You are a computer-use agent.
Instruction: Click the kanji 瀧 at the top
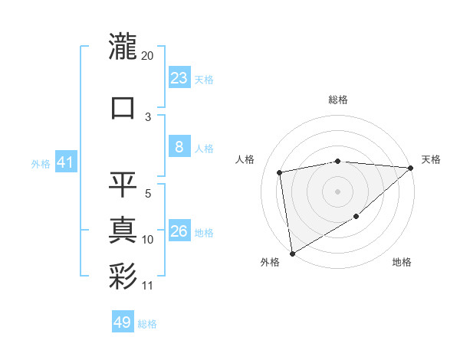tap(123, 47)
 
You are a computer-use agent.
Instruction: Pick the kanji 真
tap(123, 231)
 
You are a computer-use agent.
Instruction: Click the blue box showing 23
tap(179, 77)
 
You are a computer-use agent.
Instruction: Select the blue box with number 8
tap(179, 147)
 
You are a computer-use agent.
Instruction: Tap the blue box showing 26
tap(179, 231)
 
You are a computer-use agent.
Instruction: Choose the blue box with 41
tap(64, 162)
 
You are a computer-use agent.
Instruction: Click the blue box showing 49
tap(123, 322)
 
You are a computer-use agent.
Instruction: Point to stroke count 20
tap(148, 56)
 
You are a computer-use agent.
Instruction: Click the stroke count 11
tap(148, 286)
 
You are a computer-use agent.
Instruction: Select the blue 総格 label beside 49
tap(147, 324)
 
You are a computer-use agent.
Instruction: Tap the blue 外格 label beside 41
tap(40, 163)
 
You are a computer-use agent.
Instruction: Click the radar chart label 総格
tap(338, 100)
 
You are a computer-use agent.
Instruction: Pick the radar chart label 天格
tap(431, 159)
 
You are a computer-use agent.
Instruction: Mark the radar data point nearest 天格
tap(411, 168)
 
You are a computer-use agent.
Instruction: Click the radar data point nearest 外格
tap(292, 253)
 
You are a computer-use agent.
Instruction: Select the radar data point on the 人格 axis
tap(280, 172)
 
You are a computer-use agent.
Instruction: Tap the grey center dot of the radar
tap(338, 191)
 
